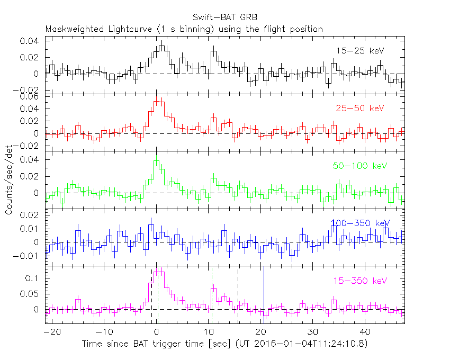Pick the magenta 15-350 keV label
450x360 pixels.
[x=359, y=281]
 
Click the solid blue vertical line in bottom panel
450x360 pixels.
[x=264, y=294]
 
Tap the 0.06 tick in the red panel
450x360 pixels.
[x=31, y=97]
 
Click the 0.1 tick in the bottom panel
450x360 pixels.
[x=35, y=278]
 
